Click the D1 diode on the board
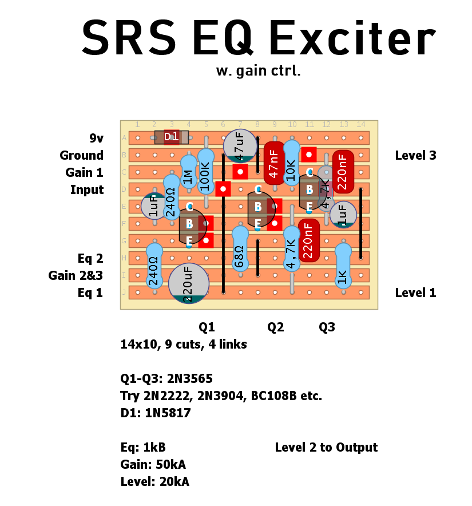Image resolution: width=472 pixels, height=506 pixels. tap(172, 137)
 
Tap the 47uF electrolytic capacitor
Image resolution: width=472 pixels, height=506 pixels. tap(240, 147)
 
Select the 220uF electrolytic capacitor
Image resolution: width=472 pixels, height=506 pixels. tap(189, 283)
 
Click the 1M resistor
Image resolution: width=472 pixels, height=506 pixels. tap(189, 172)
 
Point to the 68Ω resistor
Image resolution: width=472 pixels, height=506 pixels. tap(240, 249)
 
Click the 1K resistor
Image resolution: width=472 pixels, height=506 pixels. tap(343, 266)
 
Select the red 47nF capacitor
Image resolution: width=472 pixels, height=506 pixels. tap(274, 164)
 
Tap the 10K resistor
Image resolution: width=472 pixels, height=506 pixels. tap(292, 163)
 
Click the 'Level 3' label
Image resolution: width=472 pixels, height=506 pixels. tap(415, 155)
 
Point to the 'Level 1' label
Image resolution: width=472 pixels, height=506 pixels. tap(415, 292)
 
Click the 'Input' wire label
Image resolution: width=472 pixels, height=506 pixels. tap(87, 189)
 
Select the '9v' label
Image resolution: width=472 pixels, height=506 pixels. tap(96, 138)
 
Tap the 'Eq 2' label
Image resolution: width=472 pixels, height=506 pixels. tap(90, 258)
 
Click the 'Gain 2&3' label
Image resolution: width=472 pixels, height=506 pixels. tap(76, 275)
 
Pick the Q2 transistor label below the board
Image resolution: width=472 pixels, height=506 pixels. tap(275, 327)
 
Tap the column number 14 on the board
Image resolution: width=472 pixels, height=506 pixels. tap(360, 125)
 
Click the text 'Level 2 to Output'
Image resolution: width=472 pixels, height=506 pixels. tap(326, 447)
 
